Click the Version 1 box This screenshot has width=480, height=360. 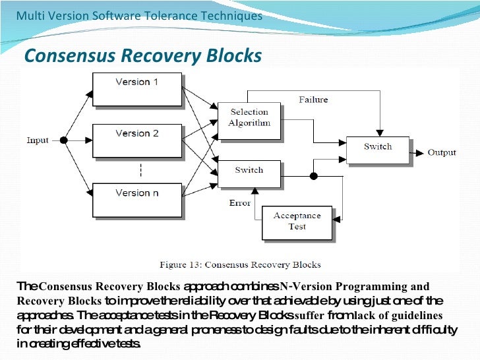136,88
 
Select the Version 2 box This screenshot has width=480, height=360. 136,139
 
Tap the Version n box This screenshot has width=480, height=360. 136,198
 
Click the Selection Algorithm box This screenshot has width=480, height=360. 249,121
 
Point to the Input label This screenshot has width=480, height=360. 38,140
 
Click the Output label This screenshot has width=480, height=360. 442,152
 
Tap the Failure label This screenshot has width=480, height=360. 313,100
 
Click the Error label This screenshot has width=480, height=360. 240,203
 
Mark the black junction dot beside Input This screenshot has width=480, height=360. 64,140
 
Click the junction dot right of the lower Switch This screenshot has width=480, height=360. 314,176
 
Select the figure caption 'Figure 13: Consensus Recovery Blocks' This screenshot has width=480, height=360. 241,264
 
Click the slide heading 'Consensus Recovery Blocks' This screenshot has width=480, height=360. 142,56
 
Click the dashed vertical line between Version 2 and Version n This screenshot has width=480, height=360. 140,169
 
